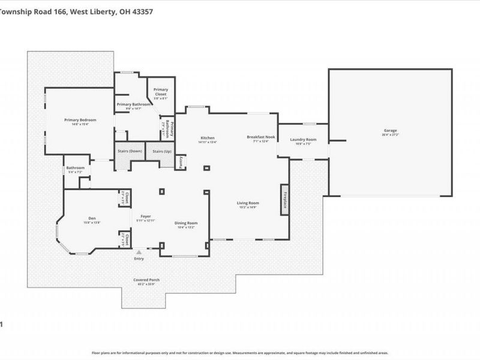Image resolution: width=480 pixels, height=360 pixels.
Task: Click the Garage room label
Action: pyautogui.click(x=391, y=131)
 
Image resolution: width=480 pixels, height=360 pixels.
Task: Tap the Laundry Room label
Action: pyautogui.click(x=303, y=140)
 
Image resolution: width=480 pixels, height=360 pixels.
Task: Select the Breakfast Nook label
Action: pyautogui.click(x=260, y=137)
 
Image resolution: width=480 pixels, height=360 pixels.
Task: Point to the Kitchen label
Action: pyautogui.click(x=208, y=138)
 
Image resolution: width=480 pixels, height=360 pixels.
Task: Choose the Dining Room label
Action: pyautogui.click(x=187, y=223)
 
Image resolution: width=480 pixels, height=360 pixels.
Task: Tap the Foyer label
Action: pyautogui.click(x=146, y=216)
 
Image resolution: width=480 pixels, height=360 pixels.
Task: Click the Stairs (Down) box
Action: pyautogui.click(x=130, y=151)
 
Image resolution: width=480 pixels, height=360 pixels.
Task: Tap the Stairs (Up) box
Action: pyautogui.click(x=161, y=151)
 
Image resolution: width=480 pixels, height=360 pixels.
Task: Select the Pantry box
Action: pyautogui.click(x=181, y=163)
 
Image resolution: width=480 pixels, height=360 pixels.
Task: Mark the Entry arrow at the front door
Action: pyautogui.click(x=139, y=253)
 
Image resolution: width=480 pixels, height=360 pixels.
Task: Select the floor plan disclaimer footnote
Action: pyautogui.click(x=240, y=353)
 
